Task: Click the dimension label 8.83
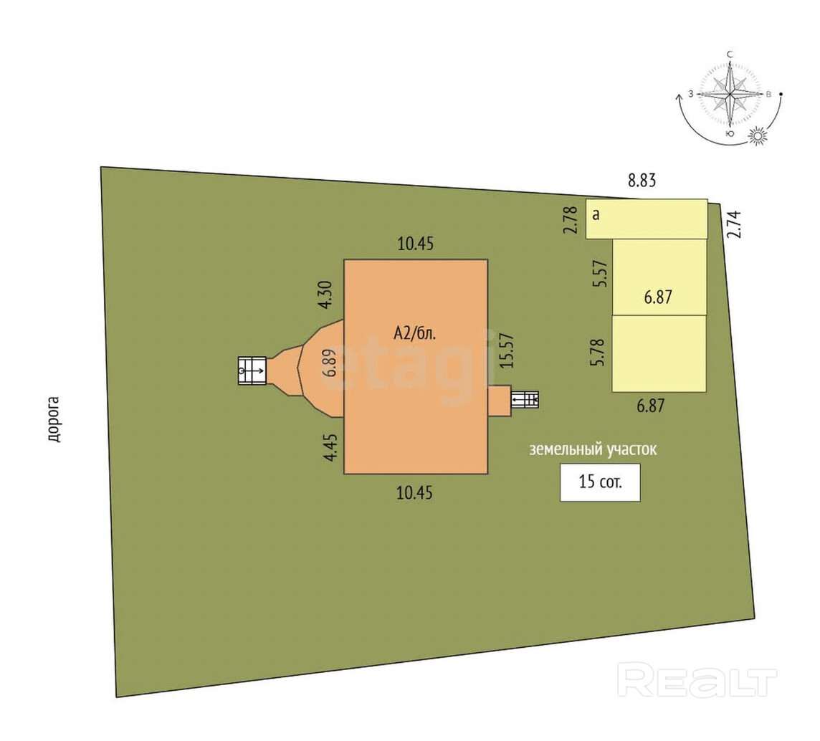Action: [642, 181]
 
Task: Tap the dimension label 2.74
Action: [733, 224]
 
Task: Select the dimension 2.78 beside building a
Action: [571, 219]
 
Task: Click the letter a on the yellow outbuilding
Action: [595, 214]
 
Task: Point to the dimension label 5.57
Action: [601, 274]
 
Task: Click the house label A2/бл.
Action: [415, 333]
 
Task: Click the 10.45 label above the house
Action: [416, 244]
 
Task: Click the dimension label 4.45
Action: [331, 444]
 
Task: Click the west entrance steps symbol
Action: [252, 370]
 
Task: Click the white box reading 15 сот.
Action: [600, 482]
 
